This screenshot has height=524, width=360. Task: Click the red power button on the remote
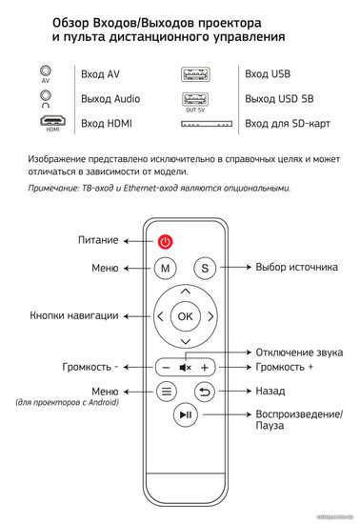click(166, 242)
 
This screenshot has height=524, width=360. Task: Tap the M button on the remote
click(166, 268)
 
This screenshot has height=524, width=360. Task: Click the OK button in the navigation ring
click(186, 316)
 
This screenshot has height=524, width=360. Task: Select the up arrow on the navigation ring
click(186, 292)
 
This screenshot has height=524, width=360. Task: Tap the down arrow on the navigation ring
click(186, 341)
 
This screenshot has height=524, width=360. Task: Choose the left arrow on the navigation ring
click(160, 316)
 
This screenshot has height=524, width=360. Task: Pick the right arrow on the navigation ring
click(210, 316)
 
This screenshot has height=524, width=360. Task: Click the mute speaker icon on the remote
click(186, 368)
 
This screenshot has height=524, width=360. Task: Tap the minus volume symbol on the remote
click(166, 368)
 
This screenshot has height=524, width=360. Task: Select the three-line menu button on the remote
click(167, 392)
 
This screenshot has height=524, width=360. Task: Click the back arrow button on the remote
click(205, 392)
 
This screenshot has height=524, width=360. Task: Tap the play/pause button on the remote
click(186, 414)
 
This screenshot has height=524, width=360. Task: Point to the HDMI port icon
click(52, 121)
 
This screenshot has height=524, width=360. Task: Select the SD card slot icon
click(207, 124)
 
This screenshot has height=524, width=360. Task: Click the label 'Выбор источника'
click(296, 268)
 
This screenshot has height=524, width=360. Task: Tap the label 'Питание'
click(98, 240)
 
